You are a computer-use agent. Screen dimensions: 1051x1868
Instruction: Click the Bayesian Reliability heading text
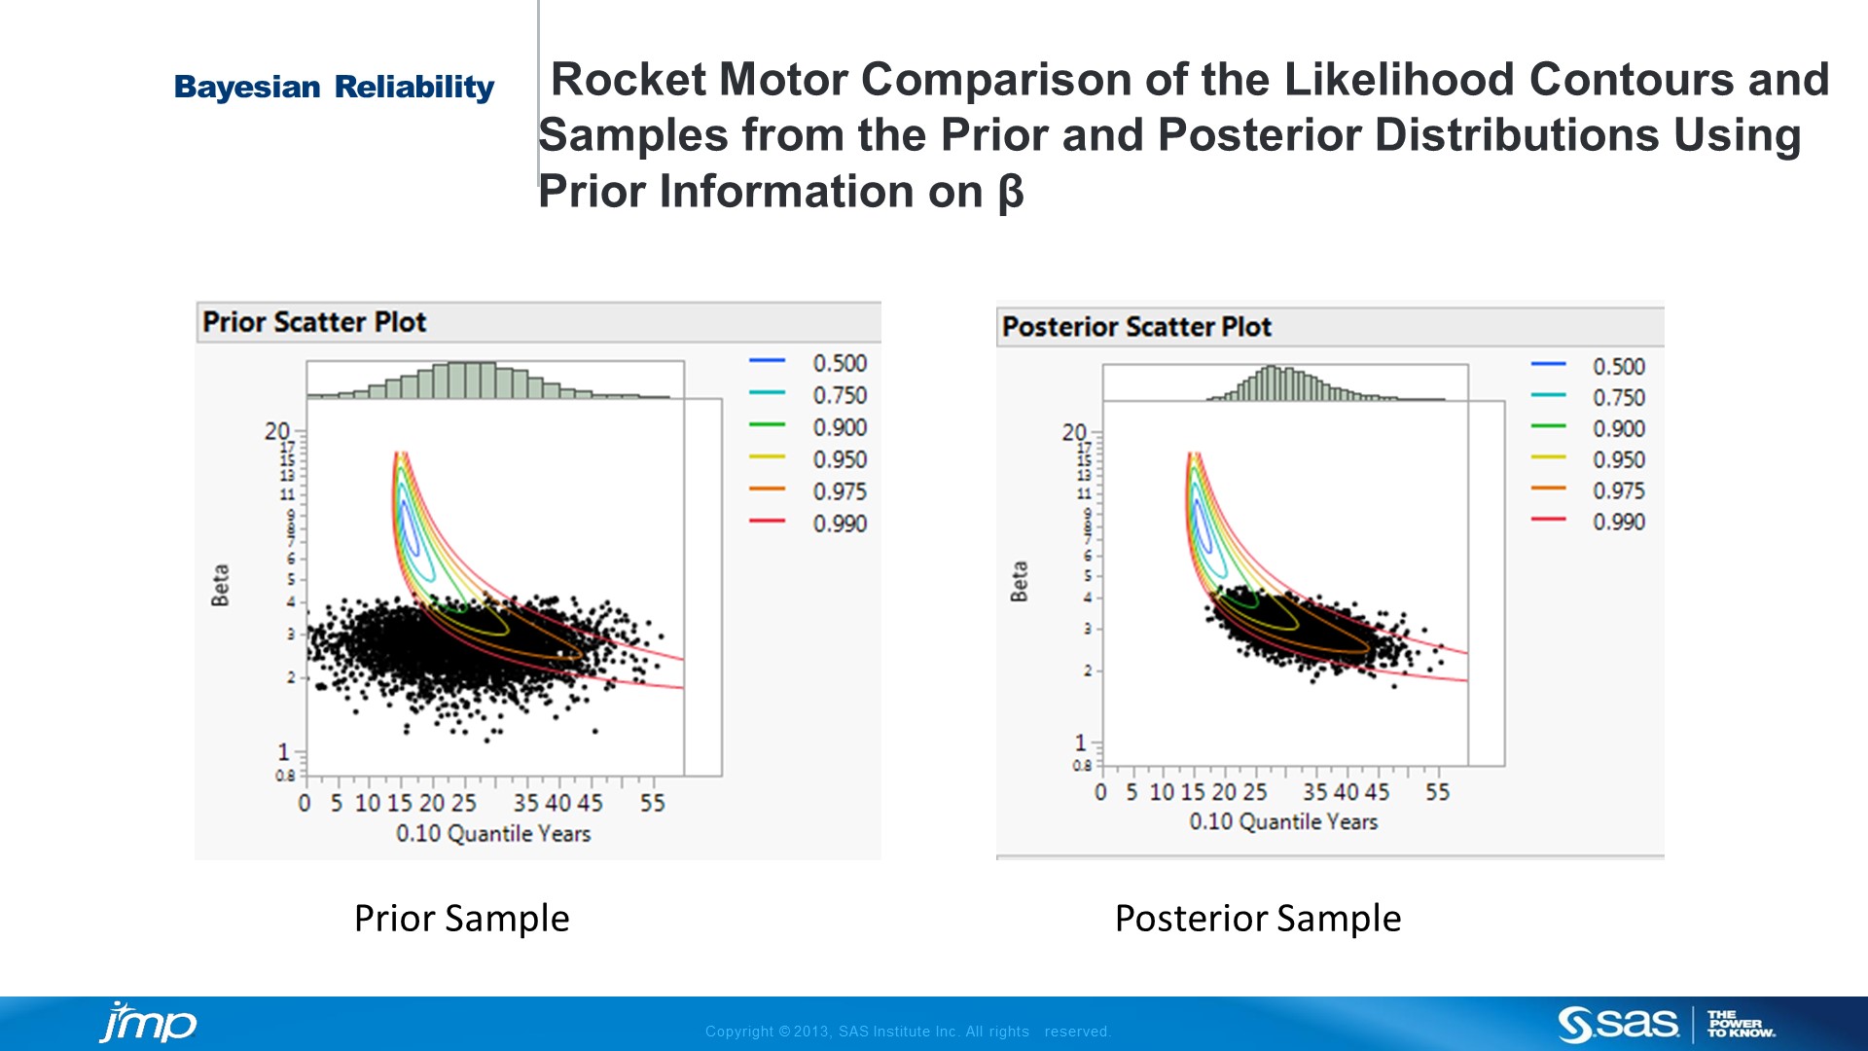click(x=334, y=88)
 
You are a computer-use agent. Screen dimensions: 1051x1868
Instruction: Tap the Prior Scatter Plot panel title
click(x=314, y=322)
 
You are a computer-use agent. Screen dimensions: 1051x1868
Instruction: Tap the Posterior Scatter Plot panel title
click(x=1136, y=327)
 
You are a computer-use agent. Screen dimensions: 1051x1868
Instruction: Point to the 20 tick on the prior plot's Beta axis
click(x=277, y=431)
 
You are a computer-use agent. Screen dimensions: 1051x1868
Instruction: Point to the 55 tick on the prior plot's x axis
click(x=652, y=803)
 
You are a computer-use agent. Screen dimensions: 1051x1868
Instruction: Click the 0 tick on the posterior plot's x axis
click(x=1100, y=792)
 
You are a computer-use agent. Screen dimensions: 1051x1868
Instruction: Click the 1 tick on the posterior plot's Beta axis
click(x=1080, y=743)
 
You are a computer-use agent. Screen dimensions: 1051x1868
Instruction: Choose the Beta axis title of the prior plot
click(x=221, y=585)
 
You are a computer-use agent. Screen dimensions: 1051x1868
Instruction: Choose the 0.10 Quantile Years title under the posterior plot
click(x=1283, y=822)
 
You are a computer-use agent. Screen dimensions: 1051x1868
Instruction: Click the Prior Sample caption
click(x=461, y=919)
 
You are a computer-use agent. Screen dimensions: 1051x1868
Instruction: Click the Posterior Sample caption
click(x=1257, y=919)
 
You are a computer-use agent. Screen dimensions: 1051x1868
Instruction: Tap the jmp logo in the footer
click(x=148, y=1023)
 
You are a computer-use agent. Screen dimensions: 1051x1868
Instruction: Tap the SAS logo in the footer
click(x=1617, y=1024)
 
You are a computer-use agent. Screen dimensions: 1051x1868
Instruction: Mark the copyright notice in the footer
click(x=907, y=1032)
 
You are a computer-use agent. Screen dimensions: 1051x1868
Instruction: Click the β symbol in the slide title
click(x=1011, y=192)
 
